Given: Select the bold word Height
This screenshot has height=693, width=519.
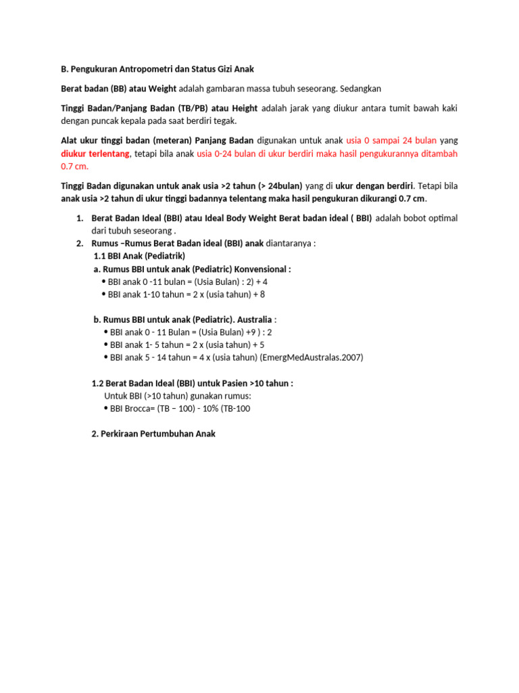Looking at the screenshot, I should tap(244, 108).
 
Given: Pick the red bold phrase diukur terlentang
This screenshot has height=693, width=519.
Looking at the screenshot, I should tap(91, 154).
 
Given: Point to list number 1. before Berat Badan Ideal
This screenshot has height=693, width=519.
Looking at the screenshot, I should tap(78, 218).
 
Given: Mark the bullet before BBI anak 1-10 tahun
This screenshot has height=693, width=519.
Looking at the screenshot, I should tap(103, 294).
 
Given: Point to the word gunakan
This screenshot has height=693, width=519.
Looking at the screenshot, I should tap(191, 395).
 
